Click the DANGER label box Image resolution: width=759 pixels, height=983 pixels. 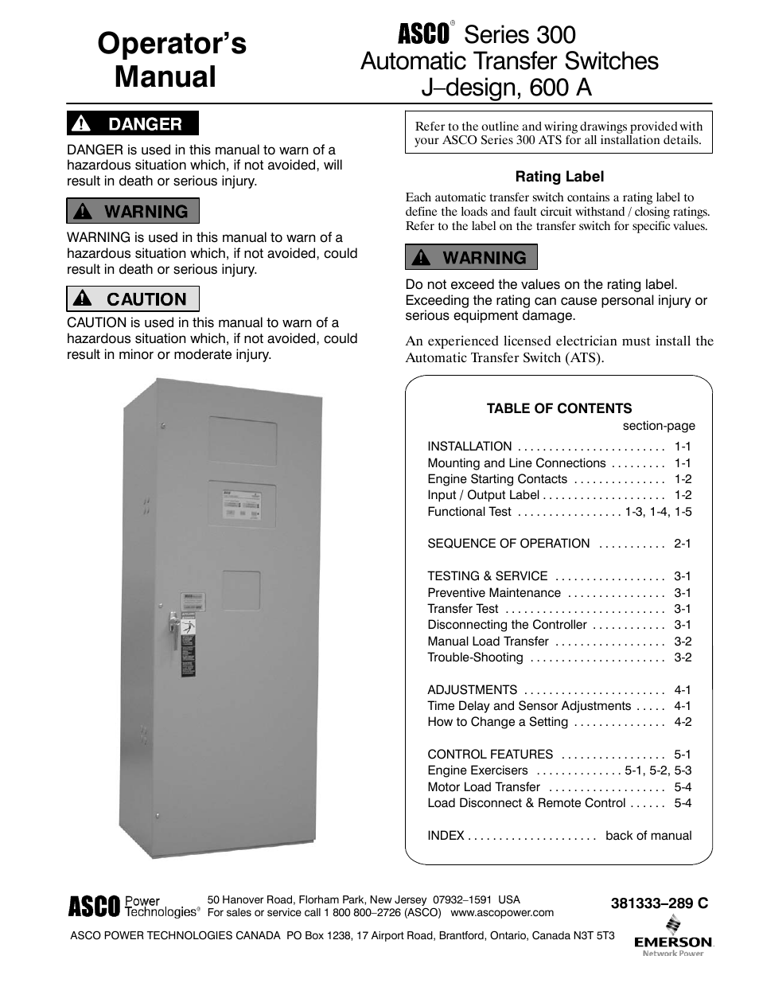pos(132,123)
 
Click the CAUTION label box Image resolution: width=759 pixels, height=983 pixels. pos(132,299)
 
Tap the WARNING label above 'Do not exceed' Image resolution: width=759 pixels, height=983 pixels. pos(471,257)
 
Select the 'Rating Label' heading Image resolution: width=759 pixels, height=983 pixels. pos(559,177)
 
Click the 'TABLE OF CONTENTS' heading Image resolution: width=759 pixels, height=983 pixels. pos(559,408)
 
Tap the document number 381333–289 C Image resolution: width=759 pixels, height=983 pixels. pos(659,903)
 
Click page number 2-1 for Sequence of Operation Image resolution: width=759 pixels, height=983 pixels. pos(683,544)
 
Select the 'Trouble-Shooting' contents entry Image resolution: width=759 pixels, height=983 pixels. pos(475,657)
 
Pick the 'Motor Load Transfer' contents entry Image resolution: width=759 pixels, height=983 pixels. pos(484,787)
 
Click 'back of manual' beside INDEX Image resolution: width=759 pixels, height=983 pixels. pos(648,836)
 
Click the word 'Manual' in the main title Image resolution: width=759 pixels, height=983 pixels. pos(165,77)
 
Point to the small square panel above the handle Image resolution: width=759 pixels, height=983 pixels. pos(241,591)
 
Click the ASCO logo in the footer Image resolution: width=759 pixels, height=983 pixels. pos(93,906)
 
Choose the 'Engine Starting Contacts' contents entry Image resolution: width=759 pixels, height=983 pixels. pos(497,479)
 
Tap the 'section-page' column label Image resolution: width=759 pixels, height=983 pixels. pos(659,426)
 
